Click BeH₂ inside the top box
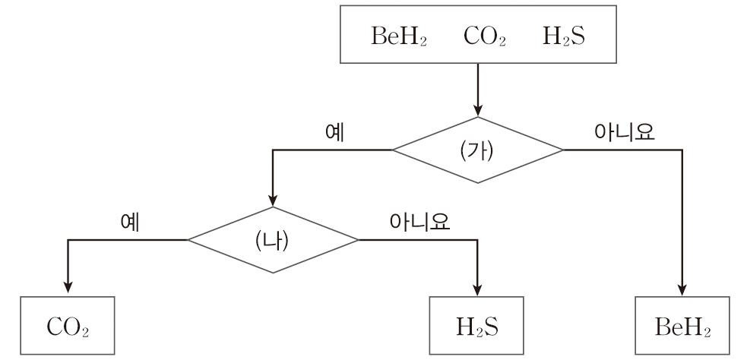pos(398,36)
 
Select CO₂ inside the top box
pos(484,36)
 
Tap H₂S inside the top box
pos(564,36)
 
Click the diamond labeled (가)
pos(477,150)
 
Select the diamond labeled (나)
pos(273,240)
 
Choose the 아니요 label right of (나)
pos(419,221)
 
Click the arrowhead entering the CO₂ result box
pos(69,286)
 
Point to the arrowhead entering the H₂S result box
pos(478,286)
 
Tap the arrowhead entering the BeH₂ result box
pos(683,286)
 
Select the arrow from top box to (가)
pos(477,87)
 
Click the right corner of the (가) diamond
pos(562,150)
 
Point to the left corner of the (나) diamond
pos(188,240)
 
